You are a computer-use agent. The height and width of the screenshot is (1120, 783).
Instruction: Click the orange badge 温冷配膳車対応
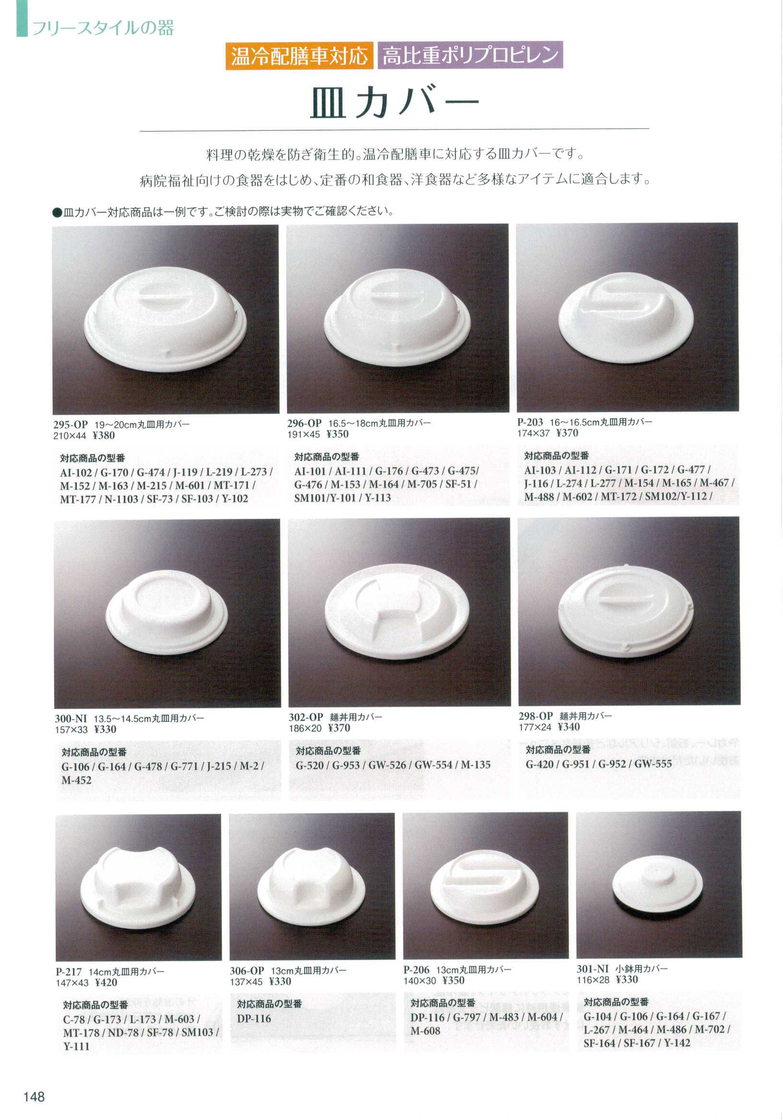click(x=299, y=56)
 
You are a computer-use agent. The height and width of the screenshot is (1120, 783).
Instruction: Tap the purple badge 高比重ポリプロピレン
click(x=470, y=55)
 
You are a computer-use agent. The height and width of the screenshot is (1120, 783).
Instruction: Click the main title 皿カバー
click(x=394, y=103)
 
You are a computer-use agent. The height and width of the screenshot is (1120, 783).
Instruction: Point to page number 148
click(x=34, y=1097)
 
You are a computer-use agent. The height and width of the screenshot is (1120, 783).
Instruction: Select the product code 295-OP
click(x=71, y=424)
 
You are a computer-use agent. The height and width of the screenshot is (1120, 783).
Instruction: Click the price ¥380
click(x=104, y=436)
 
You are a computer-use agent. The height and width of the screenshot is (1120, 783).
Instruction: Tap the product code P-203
click(x=530, y=422)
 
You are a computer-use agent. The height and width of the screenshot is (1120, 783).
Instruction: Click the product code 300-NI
click(x=71, y=719)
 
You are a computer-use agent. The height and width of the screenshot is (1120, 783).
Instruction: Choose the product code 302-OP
click(x=306, y=717)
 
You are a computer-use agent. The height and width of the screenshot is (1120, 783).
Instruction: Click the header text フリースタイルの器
click(x=103, y=28)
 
